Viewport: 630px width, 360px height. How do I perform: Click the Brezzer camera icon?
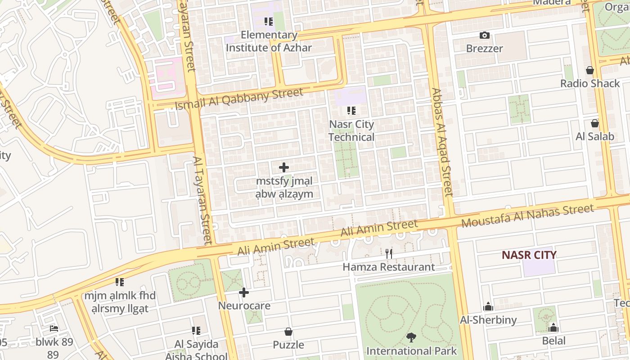(485, 35)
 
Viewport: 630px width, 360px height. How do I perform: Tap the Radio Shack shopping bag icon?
(590, 70)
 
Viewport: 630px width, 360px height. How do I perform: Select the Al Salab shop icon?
(595, 123)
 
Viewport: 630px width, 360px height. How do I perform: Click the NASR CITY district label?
(529, 255)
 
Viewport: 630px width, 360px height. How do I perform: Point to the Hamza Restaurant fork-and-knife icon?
(389, 254)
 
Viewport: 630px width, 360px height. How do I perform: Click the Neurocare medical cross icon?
(244, 293)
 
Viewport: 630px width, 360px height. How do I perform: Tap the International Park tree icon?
(411, 337)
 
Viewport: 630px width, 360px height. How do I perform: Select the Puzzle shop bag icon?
(288, 332)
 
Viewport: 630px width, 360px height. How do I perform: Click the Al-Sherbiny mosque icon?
(488, 307)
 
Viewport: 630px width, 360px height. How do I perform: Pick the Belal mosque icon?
(553, 328)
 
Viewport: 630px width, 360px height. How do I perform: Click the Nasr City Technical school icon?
(351, 111)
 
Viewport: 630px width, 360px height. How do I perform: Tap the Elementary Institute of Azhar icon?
(269, 22)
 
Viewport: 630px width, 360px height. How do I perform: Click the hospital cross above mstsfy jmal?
(284, 168)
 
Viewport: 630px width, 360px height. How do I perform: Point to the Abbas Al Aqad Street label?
(442, 142)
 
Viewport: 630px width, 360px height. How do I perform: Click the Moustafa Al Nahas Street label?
(527, 216)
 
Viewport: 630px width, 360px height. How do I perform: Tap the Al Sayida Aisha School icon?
(196, 331)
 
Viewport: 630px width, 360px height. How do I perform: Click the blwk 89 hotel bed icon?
(54, 328)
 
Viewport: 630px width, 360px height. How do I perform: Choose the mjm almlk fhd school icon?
(120, 283)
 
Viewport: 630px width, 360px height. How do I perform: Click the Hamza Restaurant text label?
(389, 267)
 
